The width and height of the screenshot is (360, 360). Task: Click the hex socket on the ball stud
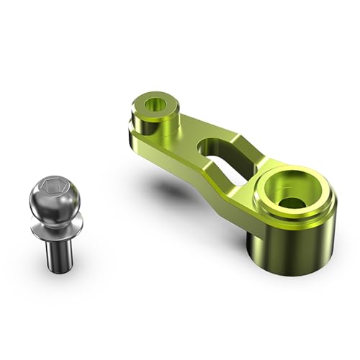tap(59, 189)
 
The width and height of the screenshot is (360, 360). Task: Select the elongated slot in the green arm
tap(220, 155)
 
